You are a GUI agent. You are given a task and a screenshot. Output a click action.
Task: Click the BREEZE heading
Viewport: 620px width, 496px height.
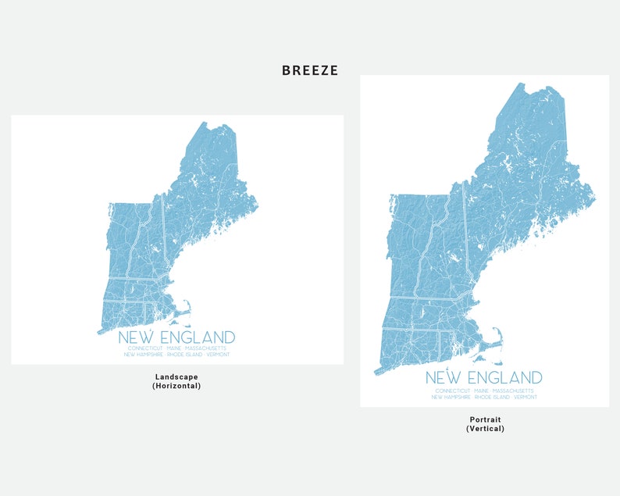pyautogui.click(x=310, y=70)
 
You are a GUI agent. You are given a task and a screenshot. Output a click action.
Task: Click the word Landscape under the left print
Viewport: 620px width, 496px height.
pyautogui.click(x=176, y=376)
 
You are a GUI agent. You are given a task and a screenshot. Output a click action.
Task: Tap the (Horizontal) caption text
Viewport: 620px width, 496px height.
pyautogui.click(x=176, y=386)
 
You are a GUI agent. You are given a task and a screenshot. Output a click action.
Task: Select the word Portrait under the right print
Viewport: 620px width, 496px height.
pyautogui.click(x=485, y=419)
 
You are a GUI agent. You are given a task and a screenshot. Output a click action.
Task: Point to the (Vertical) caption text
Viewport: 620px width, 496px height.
pyautogui.click(x=485, y=429)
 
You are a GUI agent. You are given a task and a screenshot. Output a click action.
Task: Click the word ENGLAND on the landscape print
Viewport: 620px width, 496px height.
pyautogui.click(x=194, y=338)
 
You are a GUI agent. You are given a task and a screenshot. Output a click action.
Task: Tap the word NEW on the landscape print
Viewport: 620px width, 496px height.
pyautogui.click(x=134, y=338)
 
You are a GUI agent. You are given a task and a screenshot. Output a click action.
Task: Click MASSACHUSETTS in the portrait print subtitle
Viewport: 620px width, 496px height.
pyautogui.click(x=513, y=391)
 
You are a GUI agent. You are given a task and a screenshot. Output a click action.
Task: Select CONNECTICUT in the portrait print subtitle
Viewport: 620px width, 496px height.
pyautogui.click(x=453, y=391)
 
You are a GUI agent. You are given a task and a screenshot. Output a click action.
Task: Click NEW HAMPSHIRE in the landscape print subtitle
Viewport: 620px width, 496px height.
pyautogui.click(x=141, y=355)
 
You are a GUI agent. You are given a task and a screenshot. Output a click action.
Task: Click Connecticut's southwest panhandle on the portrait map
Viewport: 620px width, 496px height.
pyautogui.click(x=378, y=370)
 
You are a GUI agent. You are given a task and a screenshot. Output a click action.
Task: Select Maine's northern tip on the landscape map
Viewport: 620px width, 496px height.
pyautogui.click(x=205, y=124)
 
